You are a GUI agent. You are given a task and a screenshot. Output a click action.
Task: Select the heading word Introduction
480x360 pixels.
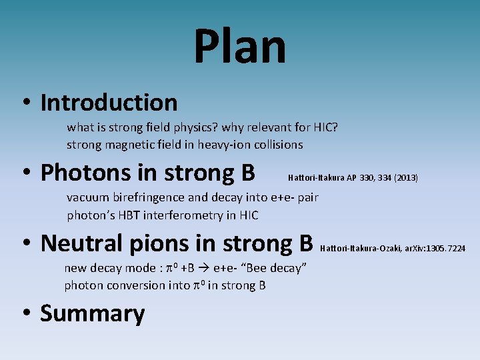(109, 103)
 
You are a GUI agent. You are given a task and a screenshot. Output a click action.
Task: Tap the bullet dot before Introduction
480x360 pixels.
(25, 103)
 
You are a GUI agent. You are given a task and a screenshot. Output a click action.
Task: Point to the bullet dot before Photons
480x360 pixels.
(25, 173)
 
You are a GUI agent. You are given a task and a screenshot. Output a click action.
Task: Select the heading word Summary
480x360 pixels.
(93, 313)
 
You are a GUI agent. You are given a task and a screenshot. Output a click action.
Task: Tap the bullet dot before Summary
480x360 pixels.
(25, 314)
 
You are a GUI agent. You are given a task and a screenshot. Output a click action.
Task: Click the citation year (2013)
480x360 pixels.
(406, 178)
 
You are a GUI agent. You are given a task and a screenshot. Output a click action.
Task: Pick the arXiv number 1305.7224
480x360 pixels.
(443, 249)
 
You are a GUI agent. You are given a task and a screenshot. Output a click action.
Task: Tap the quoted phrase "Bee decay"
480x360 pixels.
(275, 268)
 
